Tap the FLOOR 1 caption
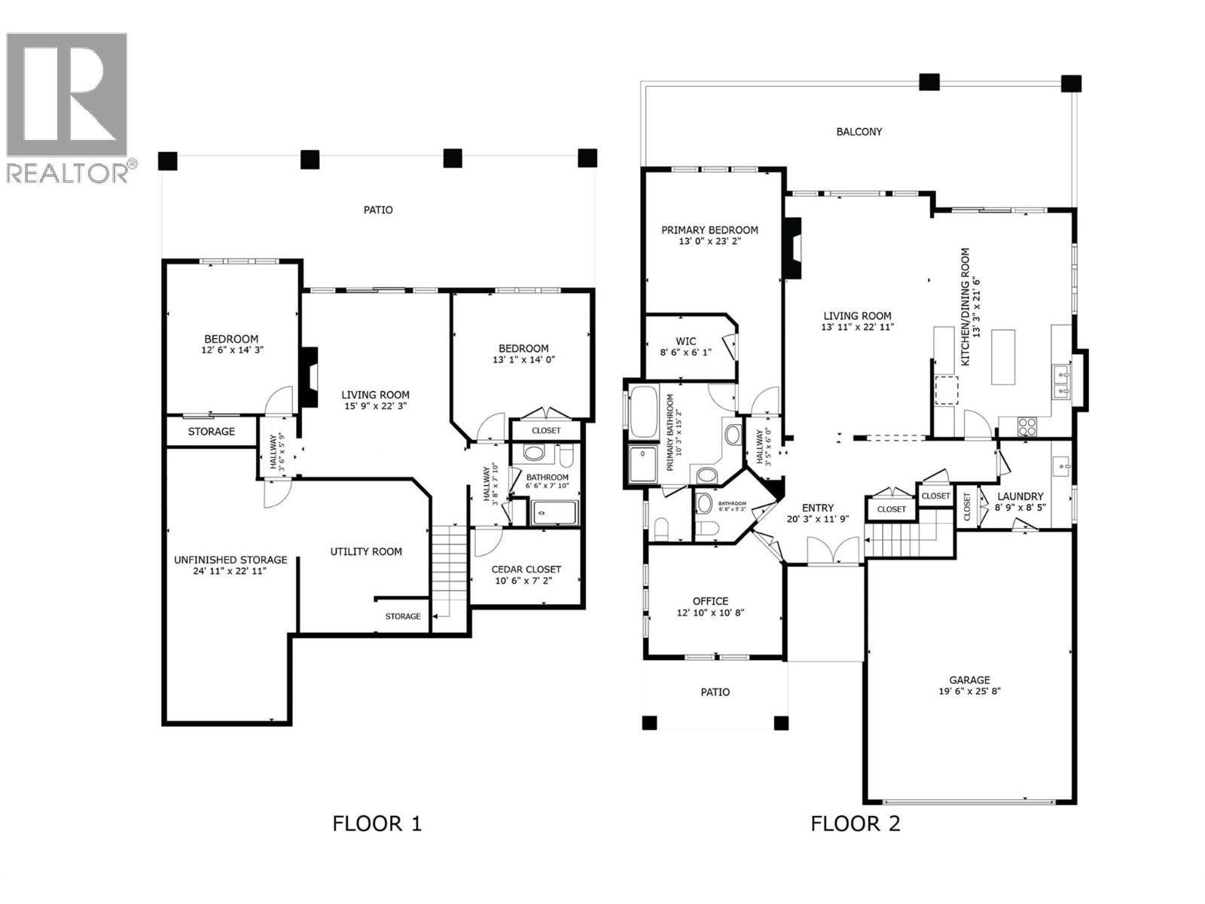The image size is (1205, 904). (x=377, y=823)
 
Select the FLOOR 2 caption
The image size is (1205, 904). (x=855, y=823)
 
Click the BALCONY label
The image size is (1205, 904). (x=859, y=132)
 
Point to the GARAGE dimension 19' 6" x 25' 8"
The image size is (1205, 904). (x=969, y=691)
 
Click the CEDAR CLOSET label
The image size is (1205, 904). (x=526, y=570)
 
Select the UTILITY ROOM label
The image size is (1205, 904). (x=366, y=551)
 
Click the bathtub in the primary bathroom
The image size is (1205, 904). (x=643, y=412)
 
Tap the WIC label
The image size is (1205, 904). (x=685, y=341)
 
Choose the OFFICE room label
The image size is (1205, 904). (x=710, y=601)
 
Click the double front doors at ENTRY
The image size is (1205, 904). (x=832, y=551)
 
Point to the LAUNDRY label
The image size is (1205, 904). (x=1020, y=496)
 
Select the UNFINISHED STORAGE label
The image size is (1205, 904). (x=230, y=560)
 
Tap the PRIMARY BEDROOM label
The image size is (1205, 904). (x=709, y=230)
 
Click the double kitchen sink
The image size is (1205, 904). (x=1062, y=382)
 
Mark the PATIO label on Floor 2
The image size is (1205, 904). (x=715, y=692)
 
